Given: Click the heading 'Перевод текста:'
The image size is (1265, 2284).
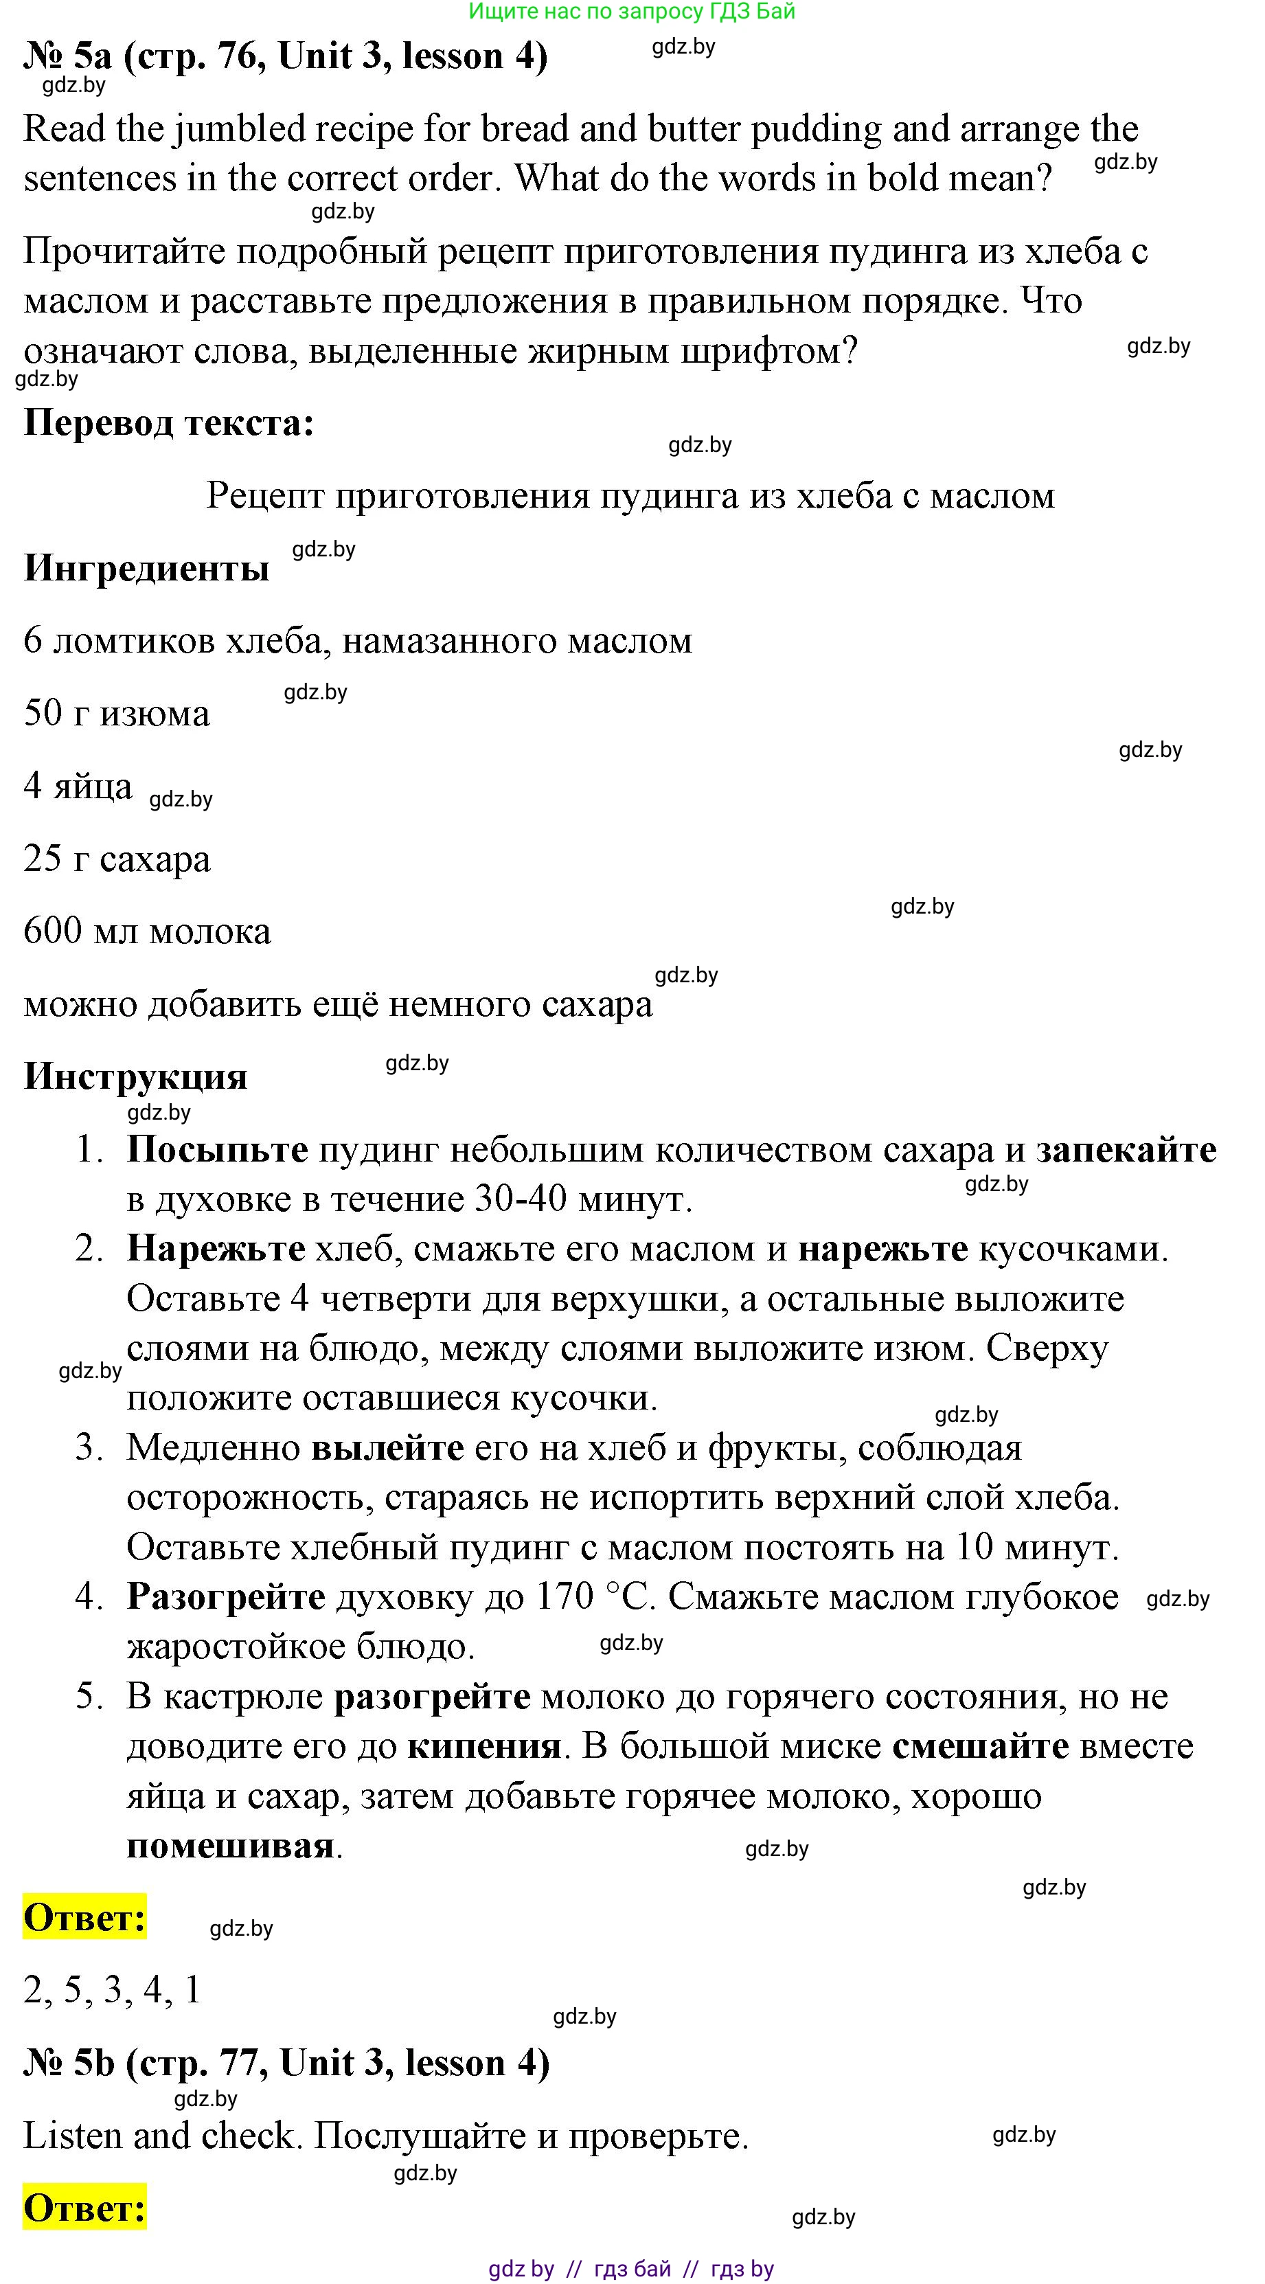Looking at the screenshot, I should point(168,423).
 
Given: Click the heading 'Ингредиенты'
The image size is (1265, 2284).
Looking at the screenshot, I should point(146,568).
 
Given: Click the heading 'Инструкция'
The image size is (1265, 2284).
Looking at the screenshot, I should point(135,1076).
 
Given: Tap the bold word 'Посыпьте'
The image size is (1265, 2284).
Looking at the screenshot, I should point(217,1150).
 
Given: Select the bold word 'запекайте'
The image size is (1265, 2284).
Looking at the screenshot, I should point(1126,1150).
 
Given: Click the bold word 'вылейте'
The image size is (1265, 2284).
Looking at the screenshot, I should point(387,1448).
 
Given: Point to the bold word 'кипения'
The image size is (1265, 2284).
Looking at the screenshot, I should point(484,1746).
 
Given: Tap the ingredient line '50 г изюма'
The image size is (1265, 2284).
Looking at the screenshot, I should point(116,714).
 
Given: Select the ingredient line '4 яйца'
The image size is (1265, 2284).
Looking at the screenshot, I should point(78,787).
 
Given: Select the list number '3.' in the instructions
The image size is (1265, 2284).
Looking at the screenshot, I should point(89,1448).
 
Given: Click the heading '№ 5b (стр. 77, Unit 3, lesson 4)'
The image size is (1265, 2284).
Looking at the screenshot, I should point(286,2063).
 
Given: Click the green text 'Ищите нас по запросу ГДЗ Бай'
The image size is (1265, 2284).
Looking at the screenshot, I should point(632,12).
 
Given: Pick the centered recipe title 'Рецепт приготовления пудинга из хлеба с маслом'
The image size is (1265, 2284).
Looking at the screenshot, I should point(630,496).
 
